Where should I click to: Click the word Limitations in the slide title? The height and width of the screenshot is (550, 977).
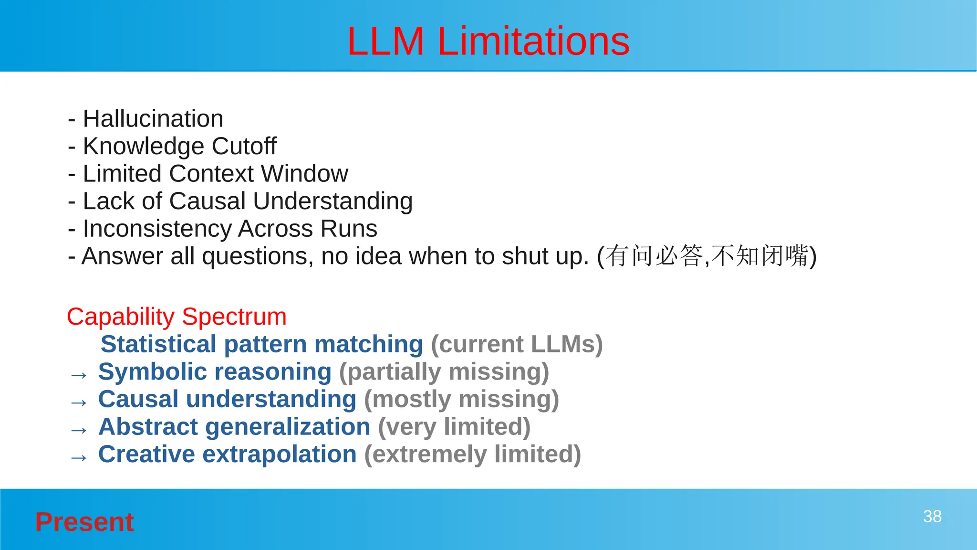click(533, 42)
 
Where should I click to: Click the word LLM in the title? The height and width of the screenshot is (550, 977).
click(385, 42)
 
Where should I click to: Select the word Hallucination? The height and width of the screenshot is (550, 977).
click(153, 118)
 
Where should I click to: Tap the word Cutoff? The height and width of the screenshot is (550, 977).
click(244, 146)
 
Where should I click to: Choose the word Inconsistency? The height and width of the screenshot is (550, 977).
click(157, 229)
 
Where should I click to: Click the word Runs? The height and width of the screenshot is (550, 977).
click(349, 229)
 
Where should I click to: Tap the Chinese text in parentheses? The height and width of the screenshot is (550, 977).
click(707, 256)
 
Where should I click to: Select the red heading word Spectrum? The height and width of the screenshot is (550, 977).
click(234, 317)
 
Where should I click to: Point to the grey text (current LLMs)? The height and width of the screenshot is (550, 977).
click(517, 344)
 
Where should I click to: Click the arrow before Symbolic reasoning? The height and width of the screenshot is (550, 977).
click(79, 375)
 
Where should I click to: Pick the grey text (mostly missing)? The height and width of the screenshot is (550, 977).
click(461, 399)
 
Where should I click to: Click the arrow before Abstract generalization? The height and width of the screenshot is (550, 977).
click(79, 430)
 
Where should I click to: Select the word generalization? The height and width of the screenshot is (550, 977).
click(288, 427)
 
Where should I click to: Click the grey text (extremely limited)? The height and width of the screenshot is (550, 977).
click(472, 454)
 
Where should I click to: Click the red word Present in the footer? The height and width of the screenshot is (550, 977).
click(84, 522)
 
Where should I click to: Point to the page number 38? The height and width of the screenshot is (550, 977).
click(932, 517)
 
